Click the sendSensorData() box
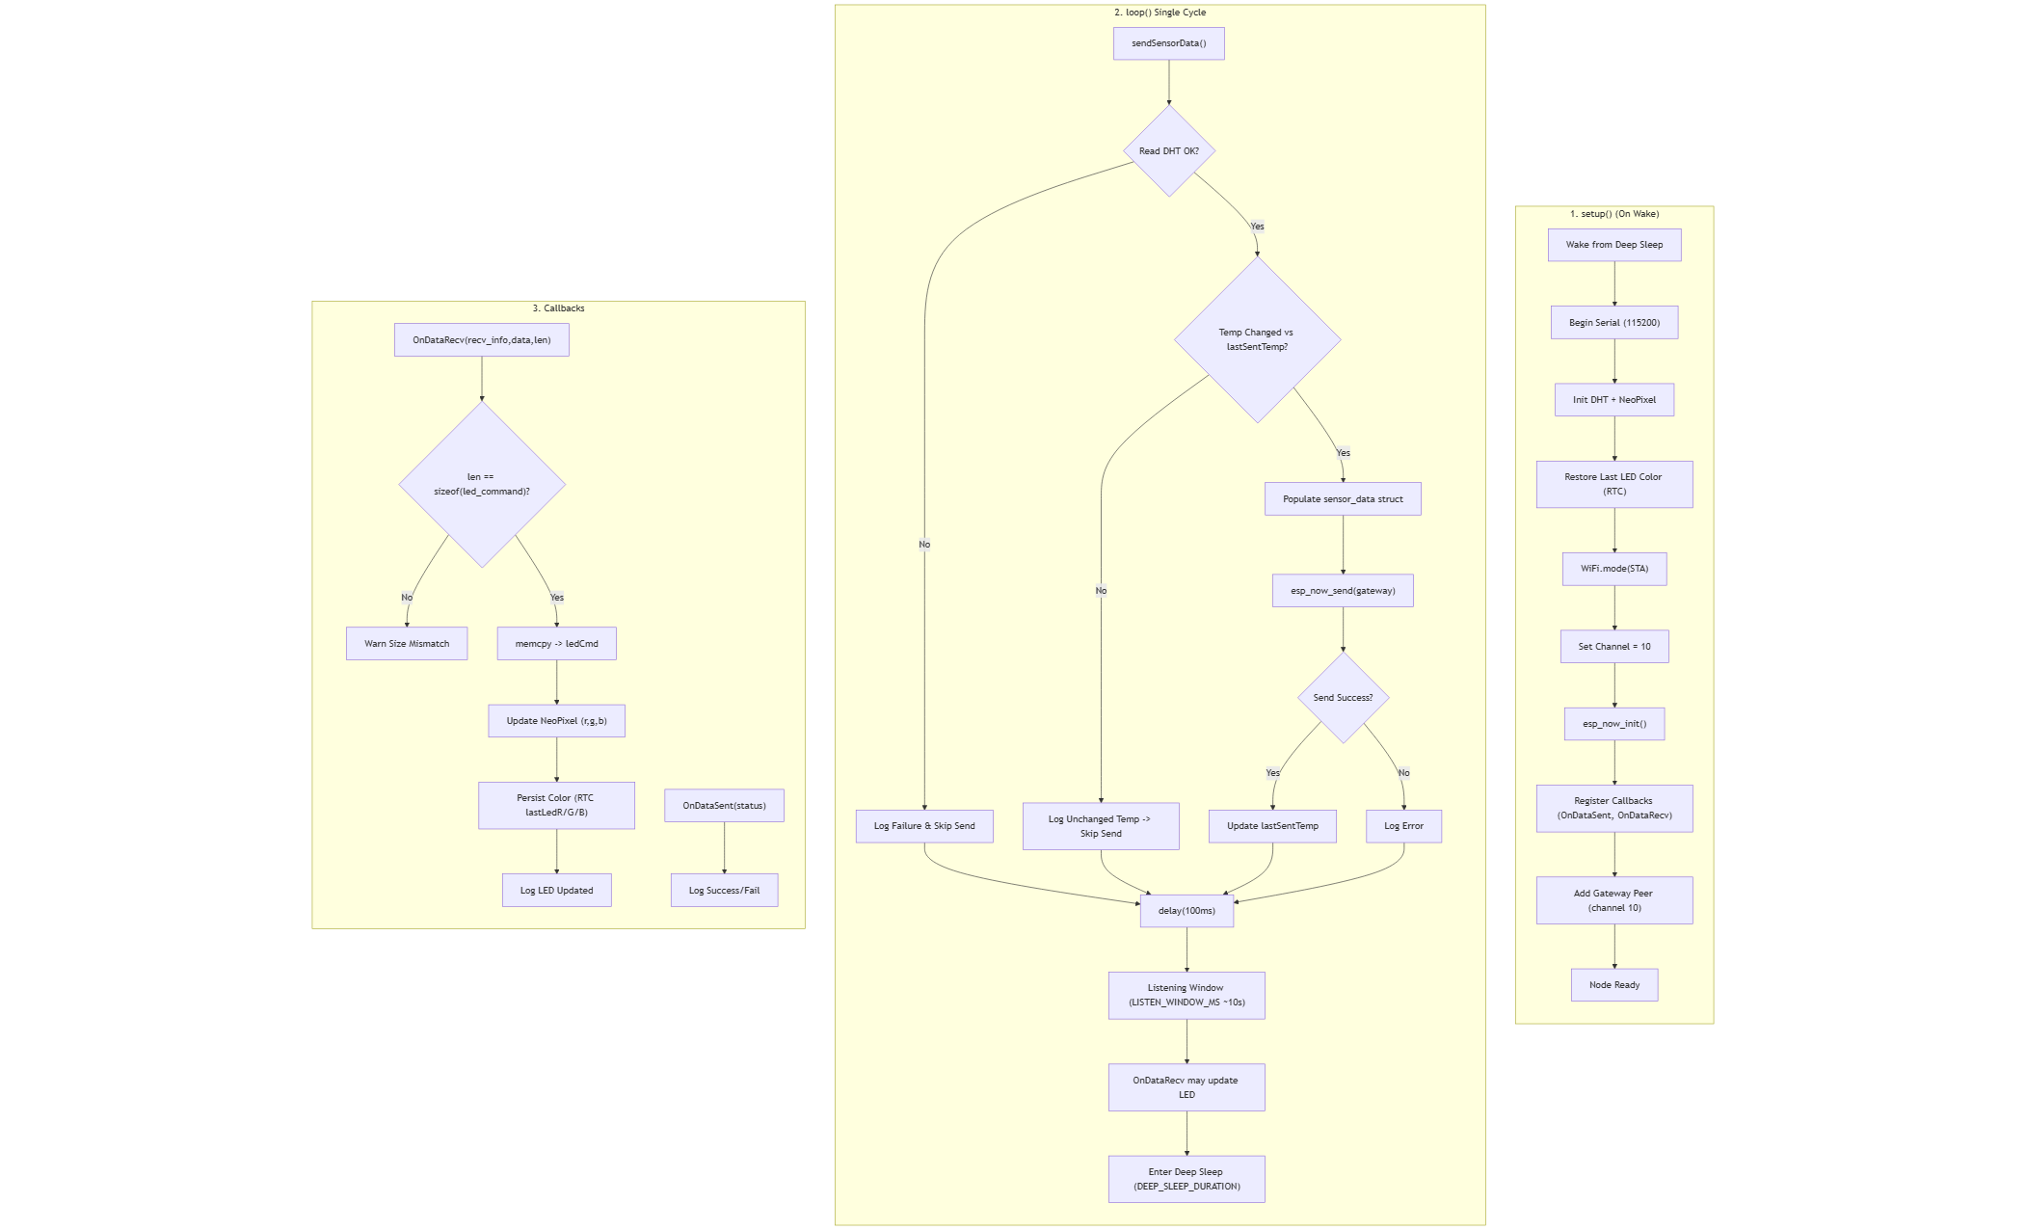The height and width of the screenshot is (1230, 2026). tap(1168, 43)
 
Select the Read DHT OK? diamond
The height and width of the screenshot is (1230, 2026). tap(1169, 151)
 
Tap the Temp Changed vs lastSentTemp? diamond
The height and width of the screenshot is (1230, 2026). tap(1257, 339)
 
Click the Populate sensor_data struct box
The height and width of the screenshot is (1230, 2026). tap(1343, 499)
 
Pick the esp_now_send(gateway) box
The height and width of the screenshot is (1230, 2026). tap(1343, 591)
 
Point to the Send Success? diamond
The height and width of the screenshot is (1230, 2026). tap(1343, 698)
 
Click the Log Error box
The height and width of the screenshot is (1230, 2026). tap(1403, 826)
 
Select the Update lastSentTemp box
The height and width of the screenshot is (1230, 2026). tap(1272, 826)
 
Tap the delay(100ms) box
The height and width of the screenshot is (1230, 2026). tap(1186, 911)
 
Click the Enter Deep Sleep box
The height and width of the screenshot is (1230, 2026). tap(1186, 1179)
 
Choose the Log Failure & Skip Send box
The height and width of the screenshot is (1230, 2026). tap(924, 826)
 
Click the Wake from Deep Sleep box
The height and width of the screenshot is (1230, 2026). tap(1614, 245)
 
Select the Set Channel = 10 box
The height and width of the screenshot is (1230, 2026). tap(1614, 647)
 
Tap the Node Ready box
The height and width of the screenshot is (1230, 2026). tap(1614, 985)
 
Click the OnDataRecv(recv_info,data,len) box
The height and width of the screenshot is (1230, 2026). tap(482, 340)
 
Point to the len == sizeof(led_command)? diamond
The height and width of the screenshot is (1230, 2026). tap(482, 484)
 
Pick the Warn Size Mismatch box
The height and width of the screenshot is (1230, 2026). tap(407, 644)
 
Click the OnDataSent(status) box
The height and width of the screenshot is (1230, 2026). tap(724, 806)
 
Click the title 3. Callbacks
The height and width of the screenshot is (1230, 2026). tap(558, 308)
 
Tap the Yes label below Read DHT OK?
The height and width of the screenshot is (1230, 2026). tap(1257, 227)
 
